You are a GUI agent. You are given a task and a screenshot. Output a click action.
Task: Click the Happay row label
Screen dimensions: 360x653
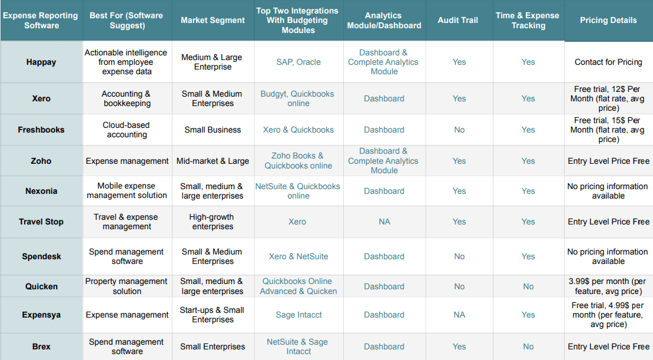point(41,62)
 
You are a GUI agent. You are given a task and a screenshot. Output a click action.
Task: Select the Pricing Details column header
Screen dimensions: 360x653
point(608,20)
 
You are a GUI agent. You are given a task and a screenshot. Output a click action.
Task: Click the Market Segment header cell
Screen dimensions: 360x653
point(213,20)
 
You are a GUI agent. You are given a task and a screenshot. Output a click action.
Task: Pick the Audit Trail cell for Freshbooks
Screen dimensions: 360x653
point(459,130)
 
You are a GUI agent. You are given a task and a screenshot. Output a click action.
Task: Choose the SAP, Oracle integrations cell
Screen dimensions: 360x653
point(299,62)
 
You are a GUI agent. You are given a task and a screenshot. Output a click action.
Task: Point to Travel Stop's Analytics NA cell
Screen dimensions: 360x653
point(384,222)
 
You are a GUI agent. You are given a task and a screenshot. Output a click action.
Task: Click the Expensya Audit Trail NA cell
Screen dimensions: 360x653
point(459,315)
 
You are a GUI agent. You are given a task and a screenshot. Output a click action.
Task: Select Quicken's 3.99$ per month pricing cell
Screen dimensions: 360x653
point(608,286)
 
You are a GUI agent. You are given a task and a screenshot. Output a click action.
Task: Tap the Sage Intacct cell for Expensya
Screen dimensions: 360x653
point(299,315)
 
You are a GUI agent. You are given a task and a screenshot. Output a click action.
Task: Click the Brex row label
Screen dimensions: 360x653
point(41,346)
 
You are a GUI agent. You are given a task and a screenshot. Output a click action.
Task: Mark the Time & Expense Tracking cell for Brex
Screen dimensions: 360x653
point(528,346)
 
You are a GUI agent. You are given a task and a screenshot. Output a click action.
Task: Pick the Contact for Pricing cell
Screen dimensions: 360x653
point(608,62)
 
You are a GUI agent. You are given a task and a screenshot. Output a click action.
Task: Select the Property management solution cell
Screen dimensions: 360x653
point(127,286)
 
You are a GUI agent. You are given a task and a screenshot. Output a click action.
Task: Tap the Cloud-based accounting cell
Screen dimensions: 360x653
point(127,130)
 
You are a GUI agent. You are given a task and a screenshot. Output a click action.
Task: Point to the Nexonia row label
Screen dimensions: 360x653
point(41,191)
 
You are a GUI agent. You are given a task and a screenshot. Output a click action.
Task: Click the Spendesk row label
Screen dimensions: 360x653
point(41,256)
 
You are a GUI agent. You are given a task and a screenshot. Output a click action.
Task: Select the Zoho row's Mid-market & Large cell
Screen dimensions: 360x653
point(213,161)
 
